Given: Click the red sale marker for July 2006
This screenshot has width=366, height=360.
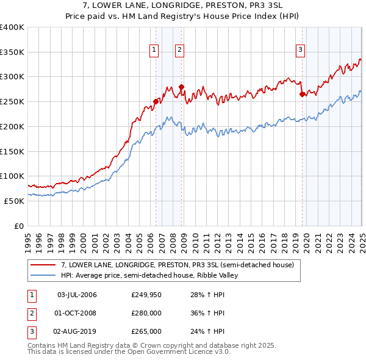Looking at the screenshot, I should point(156,101).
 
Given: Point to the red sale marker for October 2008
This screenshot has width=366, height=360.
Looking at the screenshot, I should point(182,87).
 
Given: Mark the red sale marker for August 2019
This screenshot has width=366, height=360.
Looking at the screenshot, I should point(303,94).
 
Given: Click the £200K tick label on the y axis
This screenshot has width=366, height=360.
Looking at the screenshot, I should point(12,126).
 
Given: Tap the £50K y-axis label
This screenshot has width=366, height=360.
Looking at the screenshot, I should point(14,201).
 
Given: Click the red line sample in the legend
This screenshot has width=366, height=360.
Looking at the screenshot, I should point(43,265).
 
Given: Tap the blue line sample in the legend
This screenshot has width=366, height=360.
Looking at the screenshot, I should point(43,275).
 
